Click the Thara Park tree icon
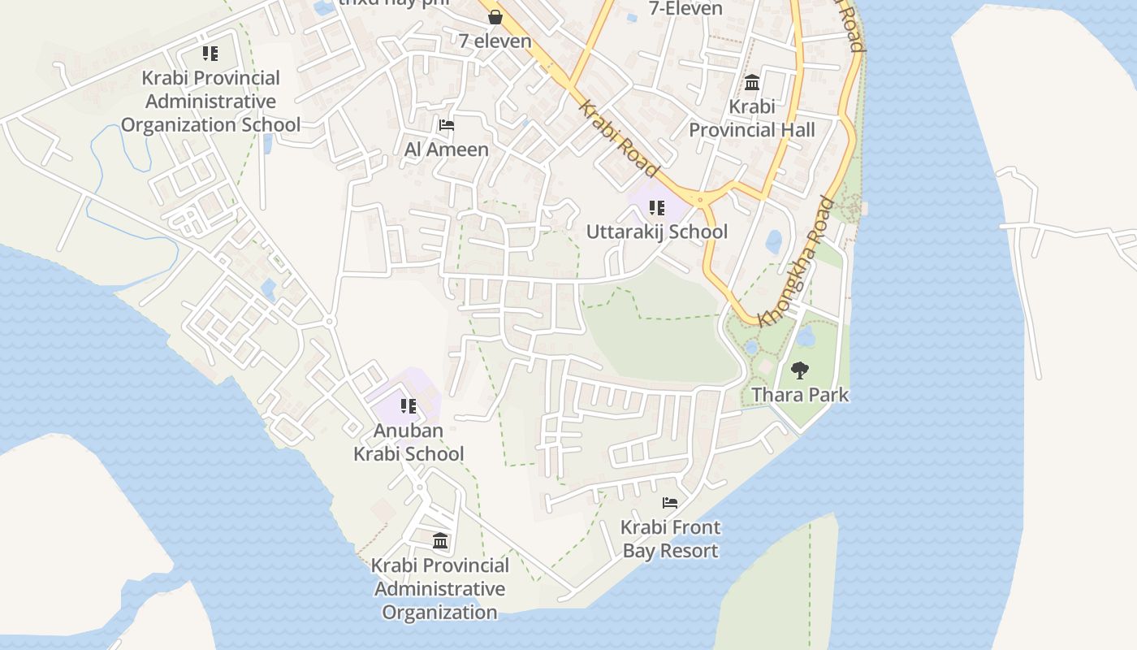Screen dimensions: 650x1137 point(800,370)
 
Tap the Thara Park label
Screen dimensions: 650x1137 point(800,395)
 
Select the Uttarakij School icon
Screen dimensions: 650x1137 point(657,208)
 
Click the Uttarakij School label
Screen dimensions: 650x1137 point(657,232)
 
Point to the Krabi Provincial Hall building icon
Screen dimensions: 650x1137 point(751,83)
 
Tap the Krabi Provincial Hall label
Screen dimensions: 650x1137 point(752,118)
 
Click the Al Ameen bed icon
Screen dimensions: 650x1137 point(446,125)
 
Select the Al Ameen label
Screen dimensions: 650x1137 point(447,149)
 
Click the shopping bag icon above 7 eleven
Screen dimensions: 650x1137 point(495,17)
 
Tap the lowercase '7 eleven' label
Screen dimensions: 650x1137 point(495,41)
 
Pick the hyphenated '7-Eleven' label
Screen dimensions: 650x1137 point(686,9)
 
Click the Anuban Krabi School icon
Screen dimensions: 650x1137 point(409,405)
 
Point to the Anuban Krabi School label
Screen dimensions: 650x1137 point(409,442)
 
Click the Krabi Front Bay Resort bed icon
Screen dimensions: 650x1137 point(670,503)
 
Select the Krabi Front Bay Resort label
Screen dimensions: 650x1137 point(670,539)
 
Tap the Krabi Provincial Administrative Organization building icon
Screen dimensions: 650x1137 point(440,540)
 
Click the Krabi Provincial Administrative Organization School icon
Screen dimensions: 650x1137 point(210,54)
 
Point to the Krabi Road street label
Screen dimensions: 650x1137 point(618,139)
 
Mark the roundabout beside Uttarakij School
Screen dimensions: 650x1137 point(700,198)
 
